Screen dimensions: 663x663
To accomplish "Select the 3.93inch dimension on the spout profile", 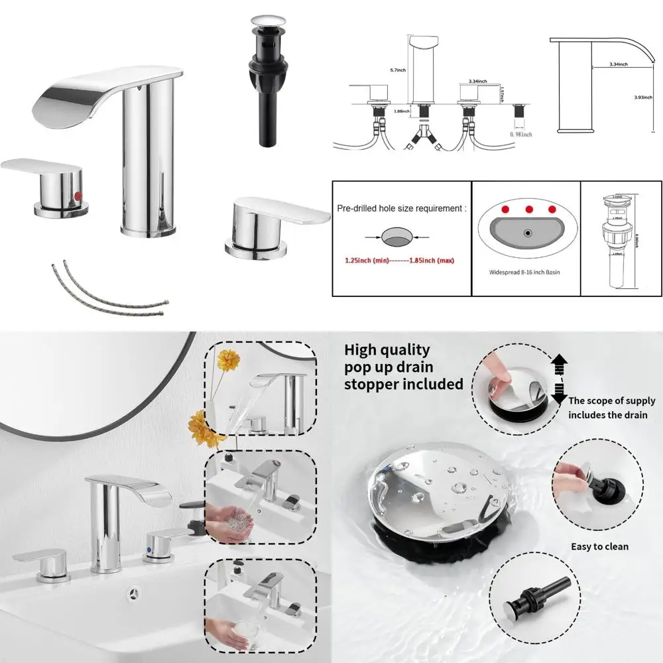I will (642, 97).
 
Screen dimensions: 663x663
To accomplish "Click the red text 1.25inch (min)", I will (366, 261).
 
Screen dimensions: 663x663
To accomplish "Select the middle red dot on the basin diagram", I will (529, 210).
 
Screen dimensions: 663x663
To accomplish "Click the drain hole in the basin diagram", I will (528, 233).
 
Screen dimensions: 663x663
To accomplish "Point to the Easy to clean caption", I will (599, 547).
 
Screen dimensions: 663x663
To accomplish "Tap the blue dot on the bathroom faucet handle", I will (154, 542).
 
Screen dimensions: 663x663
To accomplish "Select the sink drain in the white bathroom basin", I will (136, 591).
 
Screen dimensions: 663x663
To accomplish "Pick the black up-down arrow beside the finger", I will (559, 379).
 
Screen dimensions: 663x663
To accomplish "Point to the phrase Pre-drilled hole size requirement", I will (401, 208).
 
